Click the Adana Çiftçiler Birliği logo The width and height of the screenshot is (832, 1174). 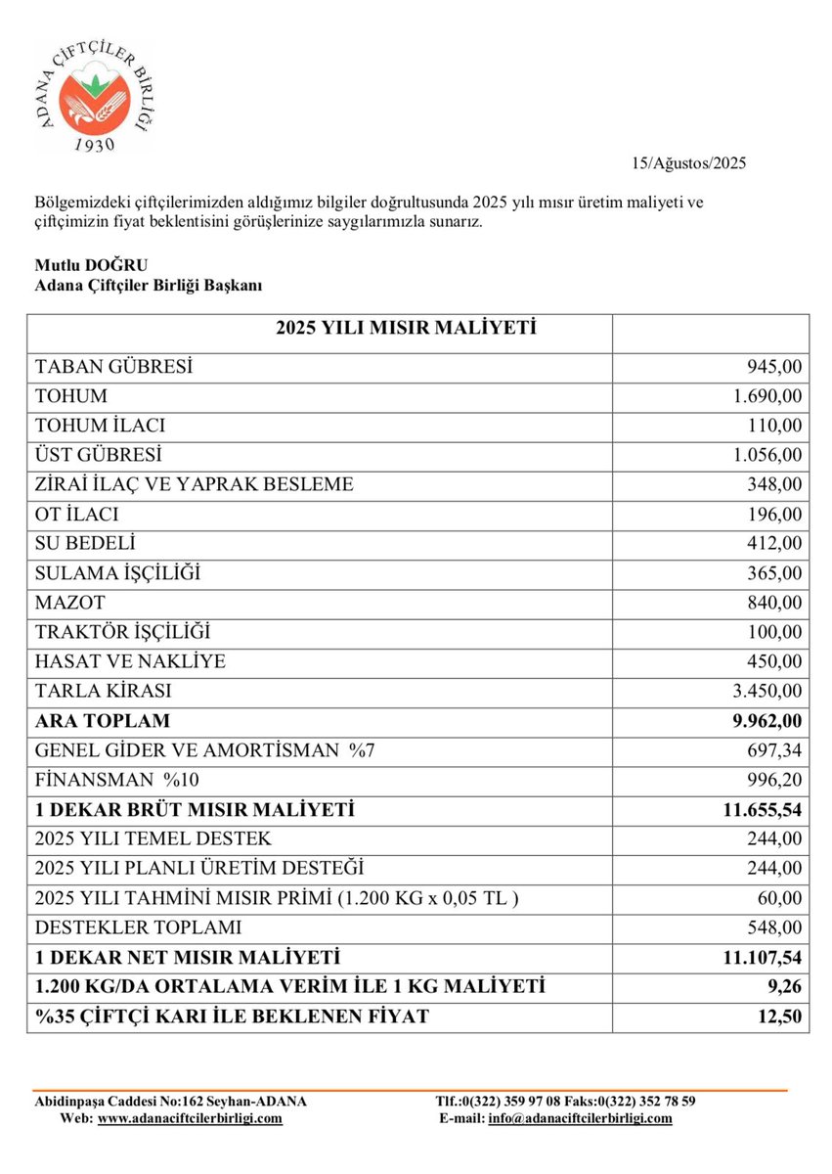[95, 96]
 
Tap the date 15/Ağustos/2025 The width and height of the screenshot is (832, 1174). [689, 163]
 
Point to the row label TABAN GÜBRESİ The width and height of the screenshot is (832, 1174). [113, 367]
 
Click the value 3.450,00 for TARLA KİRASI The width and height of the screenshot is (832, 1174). [766, 691]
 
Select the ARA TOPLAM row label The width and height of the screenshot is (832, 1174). [103, 721]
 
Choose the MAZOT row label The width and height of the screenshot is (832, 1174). [69, 603]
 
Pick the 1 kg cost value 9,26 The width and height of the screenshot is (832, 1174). [787, 986]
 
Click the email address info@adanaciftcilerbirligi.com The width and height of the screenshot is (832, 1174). [580, 1118]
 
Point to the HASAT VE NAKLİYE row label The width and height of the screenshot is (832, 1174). [130, 661]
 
